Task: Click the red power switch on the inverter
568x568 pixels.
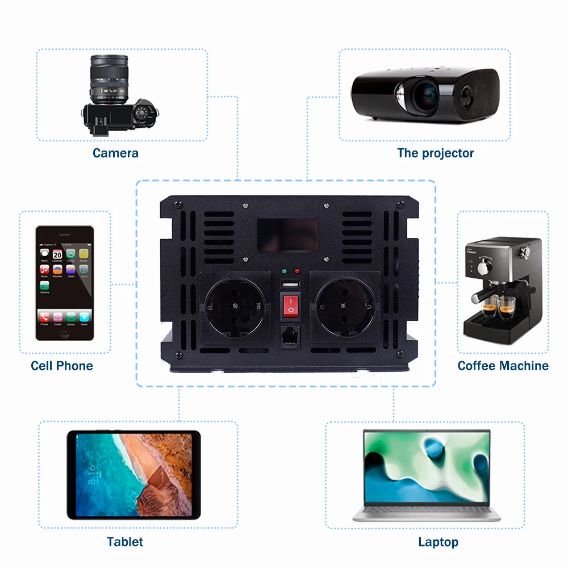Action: tap(290, 306)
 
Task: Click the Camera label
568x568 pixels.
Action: tap(115, 153)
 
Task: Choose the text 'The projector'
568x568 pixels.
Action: tap(435, 153)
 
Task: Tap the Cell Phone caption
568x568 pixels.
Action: tap(62, 366)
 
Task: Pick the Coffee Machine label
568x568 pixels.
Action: tap(503, 366)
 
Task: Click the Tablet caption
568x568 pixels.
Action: tap(125, 542)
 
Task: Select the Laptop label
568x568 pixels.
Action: tap(438, 542)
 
